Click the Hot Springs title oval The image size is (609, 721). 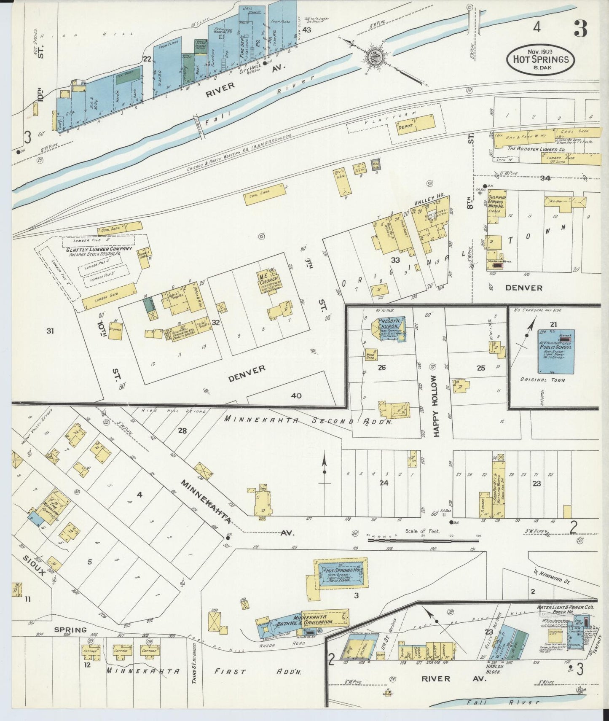coord(540,59)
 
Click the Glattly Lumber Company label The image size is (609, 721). coord(99,249)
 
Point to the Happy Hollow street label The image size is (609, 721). coord(436,406)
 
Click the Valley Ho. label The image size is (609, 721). coord(427,202)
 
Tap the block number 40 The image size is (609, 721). coord(296,395)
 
